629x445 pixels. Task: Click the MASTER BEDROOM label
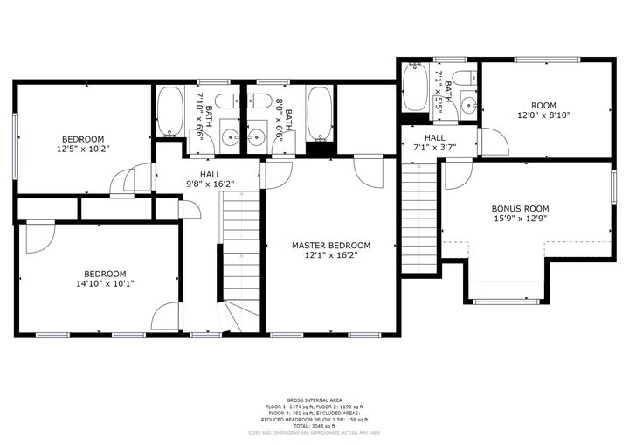click(x=331, y=246)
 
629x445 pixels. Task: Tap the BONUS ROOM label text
click(x=520, y=208)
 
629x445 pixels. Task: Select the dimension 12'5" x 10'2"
click(x=82, y=149)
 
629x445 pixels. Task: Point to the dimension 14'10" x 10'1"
click(x=104, y=283)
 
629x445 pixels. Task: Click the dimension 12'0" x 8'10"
click(x=543, y=115)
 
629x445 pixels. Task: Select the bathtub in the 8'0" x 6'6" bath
click(x=319, y=113)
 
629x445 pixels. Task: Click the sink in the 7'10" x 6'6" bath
click(x=230, y=136)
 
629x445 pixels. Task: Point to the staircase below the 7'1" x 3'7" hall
click(x=418, y=219)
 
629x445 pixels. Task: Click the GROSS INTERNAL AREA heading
click(x=314, y=400)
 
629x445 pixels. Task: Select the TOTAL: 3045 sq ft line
click(x=314, y=425)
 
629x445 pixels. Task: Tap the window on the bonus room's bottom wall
click(x=506, y=302)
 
